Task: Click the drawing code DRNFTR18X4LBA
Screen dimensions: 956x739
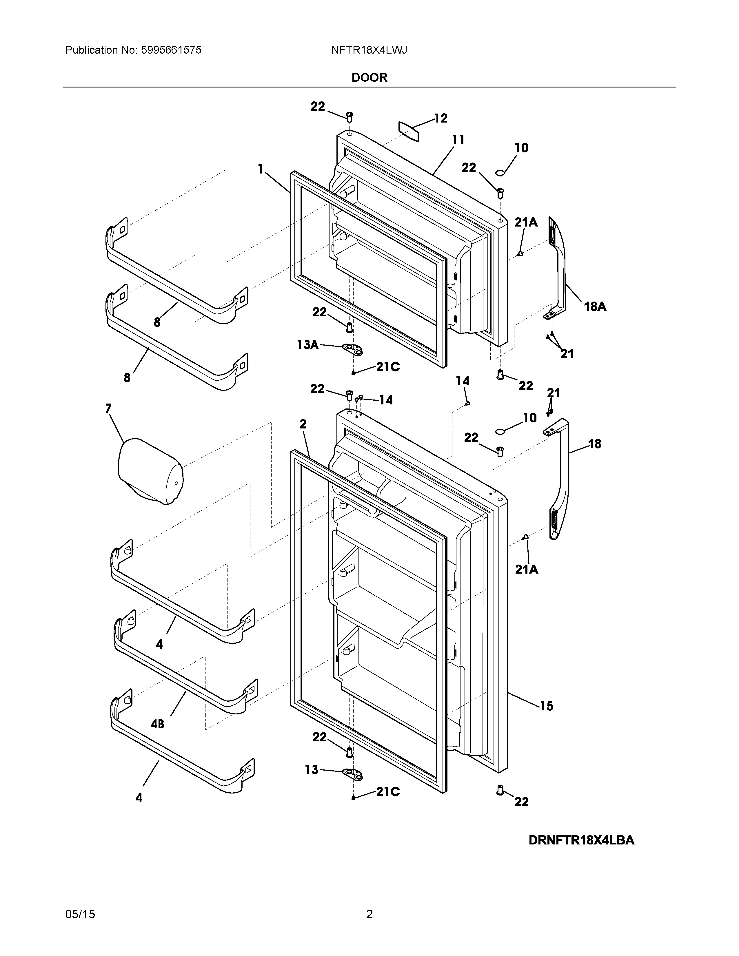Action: (x=581, y=840)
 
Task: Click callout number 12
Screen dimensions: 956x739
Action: (x=441, y=118)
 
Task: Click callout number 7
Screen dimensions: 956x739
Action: (x=108, y=408)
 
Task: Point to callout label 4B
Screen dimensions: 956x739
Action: (x=158, y=724)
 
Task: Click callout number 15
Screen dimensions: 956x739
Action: (x=546, y=706)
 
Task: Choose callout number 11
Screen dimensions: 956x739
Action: (x=458, y=140)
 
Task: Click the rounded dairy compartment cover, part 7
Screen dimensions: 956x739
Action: (x=150, y=470)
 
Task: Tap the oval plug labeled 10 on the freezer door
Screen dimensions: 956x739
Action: (x=500, y=174)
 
